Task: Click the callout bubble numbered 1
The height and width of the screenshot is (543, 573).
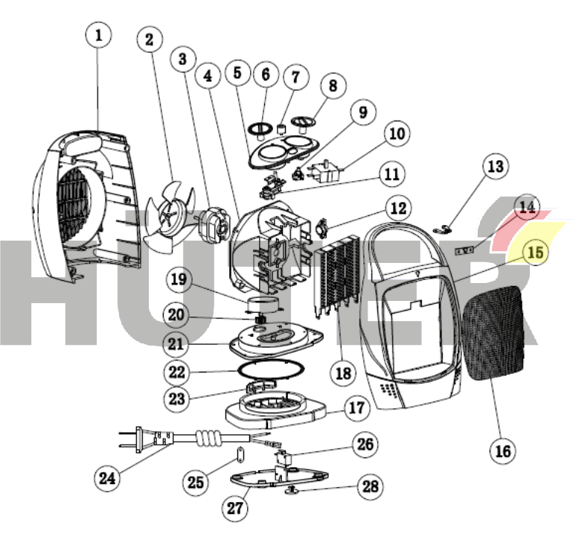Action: coord(100,34)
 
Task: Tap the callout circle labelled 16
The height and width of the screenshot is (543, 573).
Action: coord(503,450)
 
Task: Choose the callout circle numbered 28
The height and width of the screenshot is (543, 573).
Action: coord(370,487)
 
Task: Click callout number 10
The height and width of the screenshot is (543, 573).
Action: coord(397,134)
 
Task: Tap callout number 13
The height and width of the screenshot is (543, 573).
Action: coord(495,167)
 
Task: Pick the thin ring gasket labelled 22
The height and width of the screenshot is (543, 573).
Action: coord(271,370)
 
